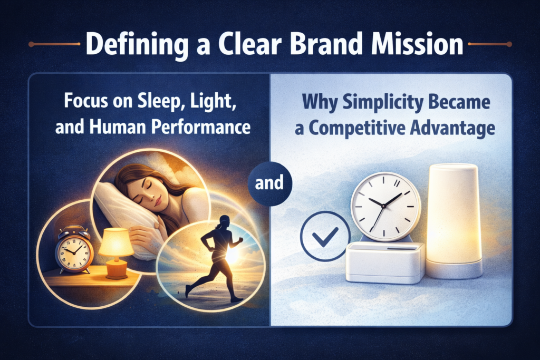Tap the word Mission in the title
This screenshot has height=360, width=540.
click(417, 44)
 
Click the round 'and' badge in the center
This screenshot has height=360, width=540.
click(269, 183)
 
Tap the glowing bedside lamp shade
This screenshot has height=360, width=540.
click(115, 242)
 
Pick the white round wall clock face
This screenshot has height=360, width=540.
click(385, 207)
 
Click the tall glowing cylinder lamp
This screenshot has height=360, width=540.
click(454, 221)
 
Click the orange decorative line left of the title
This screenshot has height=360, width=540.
click(54, 44)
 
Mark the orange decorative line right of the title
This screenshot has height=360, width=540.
click(490, 44)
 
